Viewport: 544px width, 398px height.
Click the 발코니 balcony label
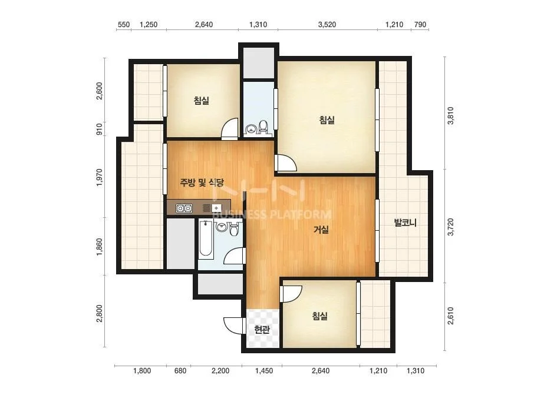point(405,222)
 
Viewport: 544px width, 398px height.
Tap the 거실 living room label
point(321,230)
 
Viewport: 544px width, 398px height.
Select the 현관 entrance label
point(262,329)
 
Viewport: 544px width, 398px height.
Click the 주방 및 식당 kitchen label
point(202,183)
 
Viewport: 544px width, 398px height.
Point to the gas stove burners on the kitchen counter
point(184,208)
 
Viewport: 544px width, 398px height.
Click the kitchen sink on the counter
point(216,208)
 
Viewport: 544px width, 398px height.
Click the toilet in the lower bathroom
point(235,229)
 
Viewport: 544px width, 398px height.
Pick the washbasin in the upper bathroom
point(250,129)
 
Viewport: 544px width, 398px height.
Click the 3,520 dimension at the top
point(327,25)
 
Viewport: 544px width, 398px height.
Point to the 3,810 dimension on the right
point(450,115)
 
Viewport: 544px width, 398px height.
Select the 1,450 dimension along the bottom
point(264,371)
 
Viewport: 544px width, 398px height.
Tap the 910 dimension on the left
point(100,130)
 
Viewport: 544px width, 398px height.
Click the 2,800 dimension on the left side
point(100,313)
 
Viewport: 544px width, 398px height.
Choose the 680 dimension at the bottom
point(180,371)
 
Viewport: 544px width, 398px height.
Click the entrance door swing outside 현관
point(233,326)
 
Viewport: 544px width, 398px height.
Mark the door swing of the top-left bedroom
point(230,128)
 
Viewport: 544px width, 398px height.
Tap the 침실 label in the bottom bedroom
point(320,316)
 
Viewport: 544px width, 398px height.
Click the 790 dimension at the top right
point(420,25)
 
